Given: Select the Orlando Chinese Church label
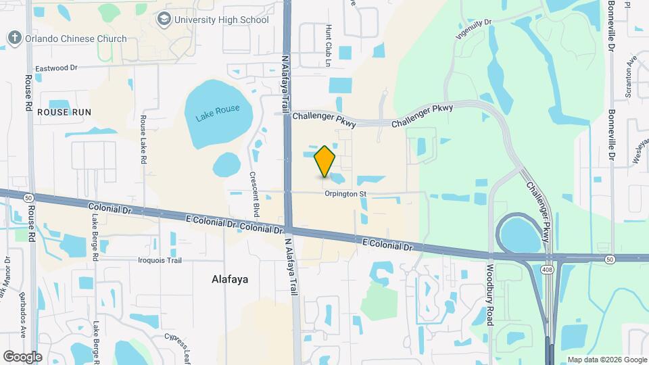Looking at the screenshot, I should click(76, 39).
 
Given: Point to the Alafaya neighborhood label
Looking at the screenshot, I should click(231, 278).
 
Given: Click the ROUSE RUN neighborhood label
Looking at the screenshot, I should click(64, 112).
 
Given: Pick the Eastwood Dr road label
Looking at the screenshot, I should click(57, 68).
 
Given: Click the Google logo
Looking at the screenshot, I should click(23, 356).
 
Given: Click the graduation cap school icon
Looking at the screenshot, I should click(164, 20).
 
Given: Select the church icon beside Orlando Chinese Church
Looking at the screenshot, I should click(15, 38).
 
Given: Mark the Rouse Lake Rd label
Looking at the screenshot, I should click(143, 141).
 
